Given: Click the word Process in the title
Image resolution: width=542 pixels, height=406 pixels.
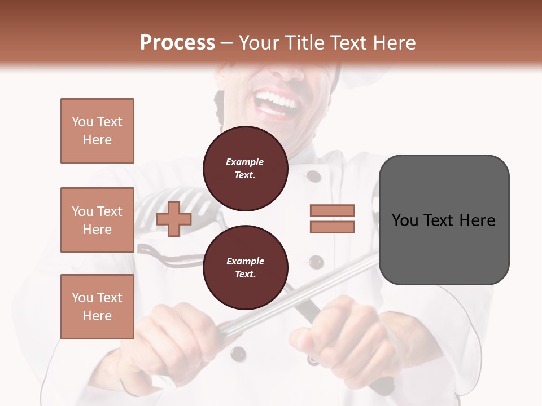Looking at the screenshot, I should pos(177,43).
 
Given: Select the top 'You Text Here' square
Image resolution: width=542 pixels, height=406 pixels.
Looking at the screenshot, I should pos(97,131).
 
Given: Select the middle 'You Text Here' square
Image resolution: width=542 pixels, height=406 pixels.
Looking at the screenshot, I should pos(97,220).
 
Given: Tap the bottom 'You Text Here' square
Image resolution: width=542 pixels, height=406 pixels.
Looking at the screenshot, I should pos(97,307).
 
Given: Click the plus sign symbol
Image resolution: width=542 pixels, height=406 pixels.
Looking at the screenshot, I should pos(174,219).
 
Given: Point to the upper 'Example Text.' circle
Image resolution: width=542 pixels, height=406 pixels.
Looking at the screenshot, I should pos(245,169).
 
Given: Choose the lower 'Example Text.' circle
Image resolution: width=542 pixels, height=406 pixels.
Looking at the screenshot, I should pos(245,268).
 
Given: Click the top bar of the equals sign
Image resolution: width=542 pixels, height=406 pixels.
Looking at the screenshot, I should pos(332,210).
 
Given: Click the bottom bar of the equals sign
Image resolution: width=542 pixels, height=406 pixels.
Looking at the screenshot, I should pos(332,227).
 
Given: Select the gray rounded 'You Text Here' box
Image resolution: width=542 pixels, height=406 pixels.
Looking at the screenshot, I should pos(444,220).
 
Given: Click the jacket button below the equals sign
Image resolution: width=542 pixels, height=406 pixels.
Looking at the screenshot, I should pos(316,262).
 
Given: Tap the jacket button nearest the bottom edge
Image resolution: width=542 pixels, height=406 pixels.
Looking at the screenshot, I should pos(238,354).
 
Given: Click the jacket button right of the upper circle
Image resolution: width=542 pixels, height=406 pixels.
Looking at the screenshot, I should pos(314,176).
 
